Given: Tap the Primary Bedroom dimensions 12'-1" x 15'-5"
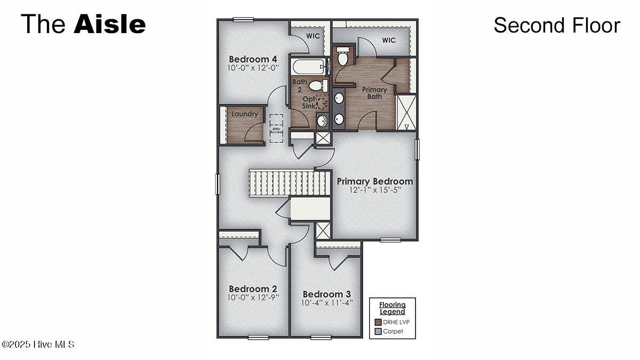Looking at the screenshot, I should [x=374, y=190].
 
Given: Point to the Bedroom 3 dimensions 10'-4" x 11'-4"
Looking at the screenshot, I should [x=327, y=303].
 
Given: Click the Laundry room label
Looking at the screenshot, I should [x=245, y=114].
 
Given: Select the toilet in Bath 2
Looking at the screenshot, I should [x=316, y=85].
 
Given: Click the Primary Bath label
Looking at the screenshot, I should [x=374, y=93].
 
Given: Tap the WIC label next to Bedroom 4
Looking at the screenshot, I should [x=313, y=36].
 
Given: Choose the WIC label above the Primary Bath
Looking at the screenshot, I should [x=389, y=40].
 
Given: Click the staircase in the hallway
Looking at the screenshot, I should [x=288, y=183].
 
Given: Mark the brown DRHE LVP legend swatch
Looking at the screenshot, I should [x=378, y=322].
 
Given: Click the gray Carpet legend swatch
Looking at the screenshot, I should [x=378, y=331].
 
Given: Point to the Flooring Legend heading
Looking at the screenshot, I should [x=392, y=308].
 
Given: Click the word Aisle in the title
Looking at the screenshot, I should [x=109, y=25].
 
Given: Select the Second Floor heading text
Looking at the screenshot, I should [x=556, y=25].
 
